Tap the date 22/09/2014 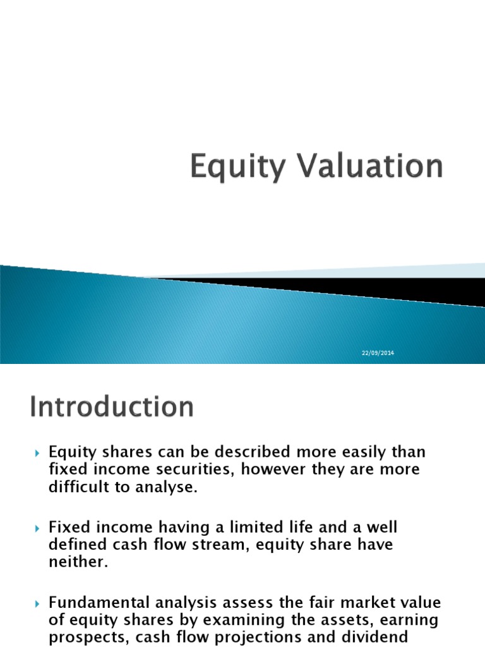(x=378, y=353)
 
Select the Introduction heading (x=112, y=408)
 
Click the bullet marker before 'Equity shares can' (x=36, y=453)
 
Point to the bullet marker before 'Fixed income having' (x=36, y=527)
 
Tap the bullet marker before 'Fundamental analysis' (x=36, y=601)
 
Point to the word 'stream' (x=209, y=545)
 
